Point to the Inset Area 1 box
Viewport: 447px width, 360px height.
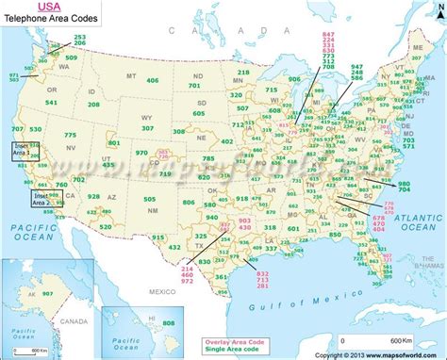pos(19,149)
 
